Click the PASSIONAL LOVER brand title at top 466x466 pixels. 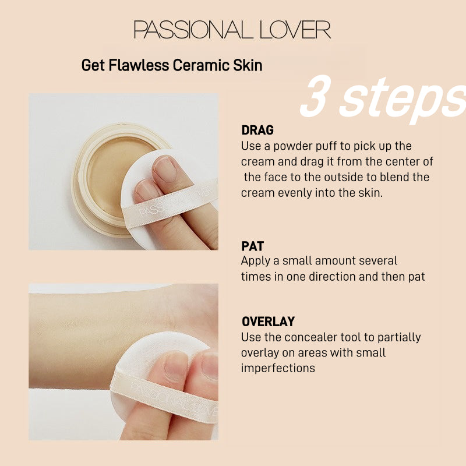click(x=232, y=30)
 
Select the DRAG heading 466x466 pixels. click(x=257, y=130)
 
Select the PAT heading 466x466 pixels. click(x=253, y=246)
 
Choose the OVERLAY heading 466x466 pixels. click(x=268, y=322)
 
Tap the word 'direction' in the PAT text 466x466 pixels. click(x=330, y=276)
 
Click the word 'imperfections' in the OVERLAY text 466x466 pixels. click(x=278, y=368)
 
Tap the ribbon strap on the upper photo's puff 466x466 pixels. click(x=175, y=201)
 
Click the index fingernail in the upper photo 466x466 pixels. click(x=165, y=168)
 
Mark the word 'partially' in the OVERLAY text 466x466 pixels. click(x=401, y=337)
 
